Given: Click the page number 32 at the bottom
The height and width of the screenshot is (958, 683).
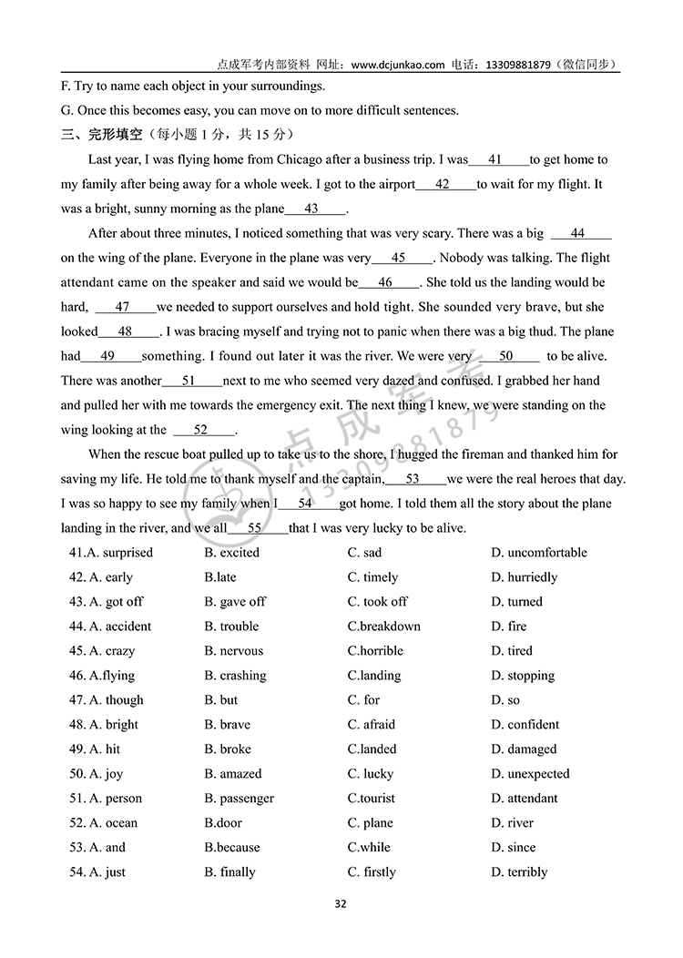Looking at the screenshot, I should pyautogui.click(x=341, y=904).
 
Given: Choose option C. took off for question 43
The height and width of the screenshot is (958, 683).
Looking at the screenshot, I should pyautogui.click(x=377, y=602).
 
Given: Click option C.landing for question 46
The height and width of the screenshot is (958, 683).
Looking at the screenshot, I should pyautogui.click(x=373, y=676).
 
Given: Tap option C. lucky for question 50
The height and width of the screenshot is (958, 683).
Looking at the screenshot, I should pyautogui.click(x=370, y=774).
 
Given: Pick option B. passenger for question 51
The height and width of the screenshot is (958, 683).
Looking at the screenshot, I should pyautogui.click(x=239, y=799).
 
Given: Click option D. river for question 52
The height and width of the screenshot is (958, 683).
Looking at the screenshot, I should pyautogui.click(x=512, y=823).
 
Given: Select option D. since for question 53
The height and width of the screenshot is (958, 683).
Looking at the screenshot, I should pyautogui.click(x=513, y=848).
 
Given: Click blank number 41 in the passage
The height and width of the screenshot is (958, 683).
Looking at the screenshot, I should pyautogui.click(x=495, y=159).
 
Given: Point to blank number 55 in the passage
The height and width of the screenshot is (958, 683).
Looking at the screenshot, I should pyautogui.click(x=255, y=528).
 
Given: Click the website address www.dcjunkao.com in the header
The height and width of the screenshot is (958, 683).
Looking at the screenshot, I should pyautogui.click(x=397, y=65).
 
